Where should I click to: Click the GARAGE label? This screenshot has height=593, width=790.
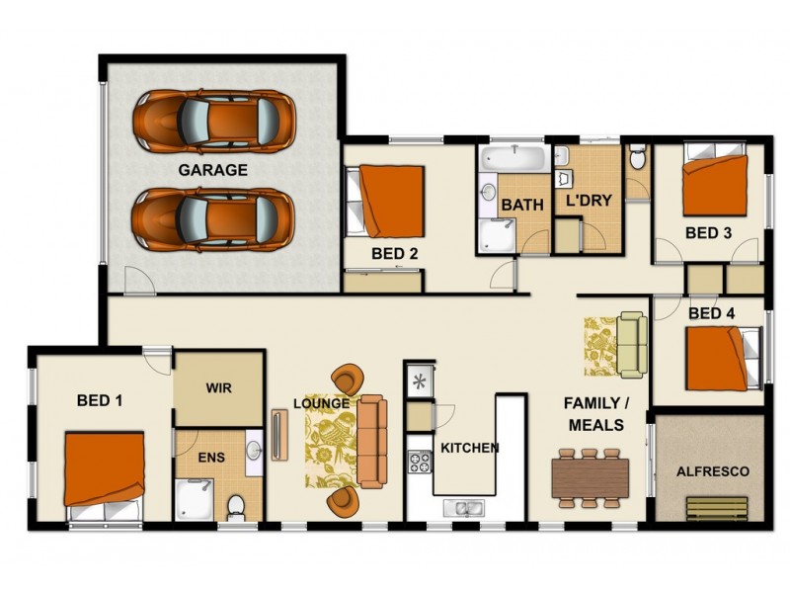tap(212, 170)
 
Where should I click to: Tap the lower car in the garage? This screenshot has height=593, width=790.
tap(213, 218)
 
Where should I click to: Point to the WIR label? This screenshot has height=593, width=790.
tap(219, 388)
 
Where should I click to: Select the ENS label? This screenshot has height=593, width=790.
tap(209, 458)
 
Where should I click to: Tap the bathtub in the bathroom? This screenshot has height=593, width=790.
tap(513, 158)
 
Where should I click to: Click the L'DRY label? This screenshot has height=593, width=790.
tap(589, 200)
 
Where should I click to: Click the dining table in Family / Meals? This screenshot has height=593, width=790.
tap(590, 477)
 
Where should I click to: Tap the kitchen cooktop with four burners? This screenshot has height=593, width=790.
tap(420, 462)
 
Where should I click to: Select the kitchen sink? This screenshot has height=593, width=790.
tap(462, 508)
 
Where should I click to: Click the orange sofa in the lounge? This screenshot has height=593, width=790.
tap(371, 441)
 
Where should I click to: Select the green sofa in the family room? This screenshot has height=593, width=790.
tap(631, 344)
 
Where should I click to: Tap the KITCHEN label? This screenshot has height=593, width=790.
tap(469, 448)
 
